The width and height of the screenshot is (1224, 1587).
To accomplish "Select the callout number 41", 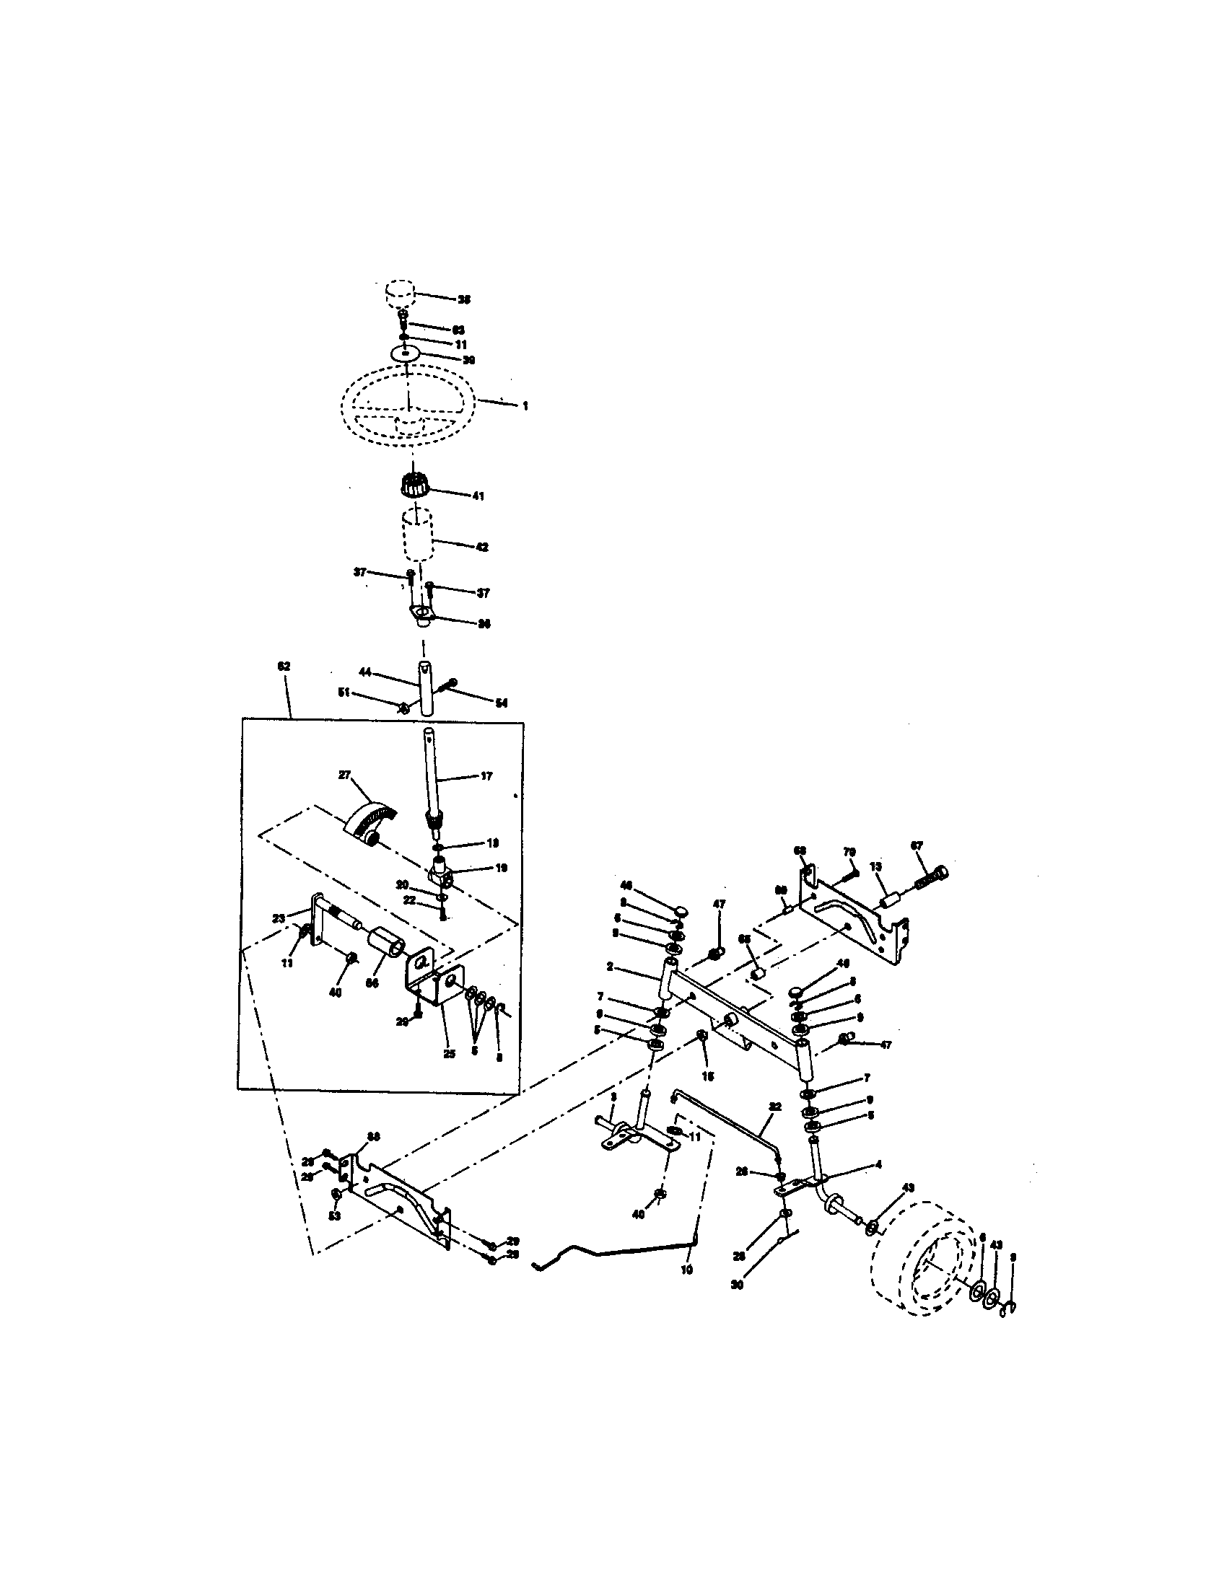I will pos(478,496).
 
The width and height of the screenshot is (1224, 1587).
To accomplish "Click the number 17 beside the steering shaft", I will pos(486,776).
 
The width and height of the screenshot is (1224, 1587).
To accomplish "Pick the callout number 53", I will pos(334,1215).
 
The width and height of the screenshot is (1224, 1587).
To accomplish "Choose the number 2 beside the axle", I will pos(611,967).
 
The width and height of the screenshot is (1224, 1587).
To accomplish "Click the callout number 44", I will pos(365,672).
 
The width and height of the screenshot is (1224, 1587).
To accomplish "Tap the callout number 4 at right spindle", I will pos(878,1164).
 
